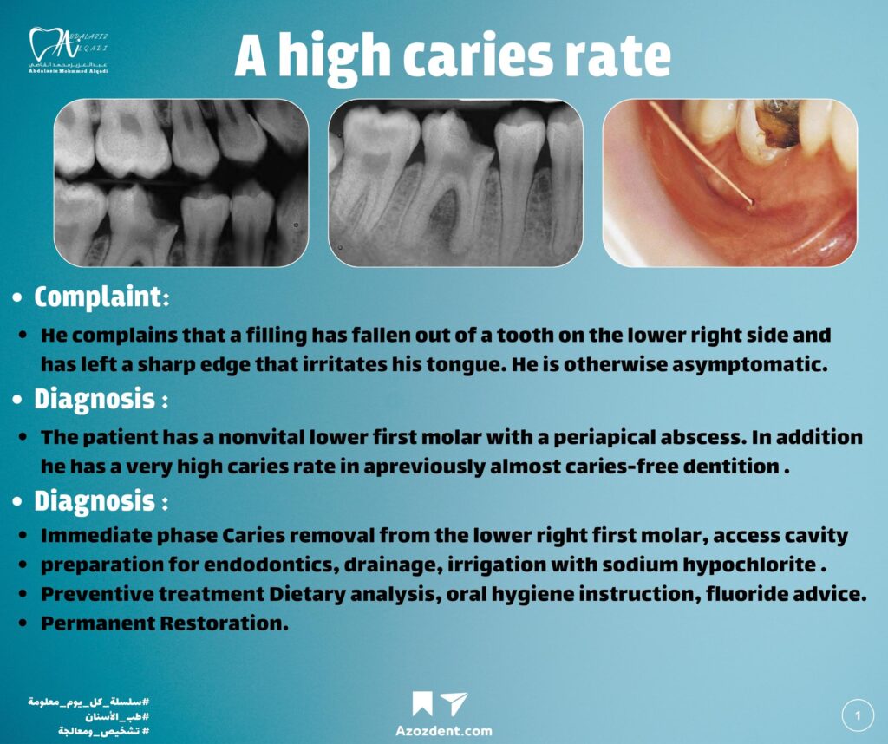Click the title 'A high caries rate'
pos(453,56)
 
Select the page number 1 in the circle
pos(858,715)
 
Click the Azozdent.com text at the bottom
pos(444,730)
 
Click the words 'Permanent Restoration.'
pos(165,623)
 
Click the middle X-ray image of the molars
pos(455,183)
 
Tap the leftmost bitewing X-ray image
pos(181,183)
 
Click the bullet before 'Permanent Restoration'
pos(23,623)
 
